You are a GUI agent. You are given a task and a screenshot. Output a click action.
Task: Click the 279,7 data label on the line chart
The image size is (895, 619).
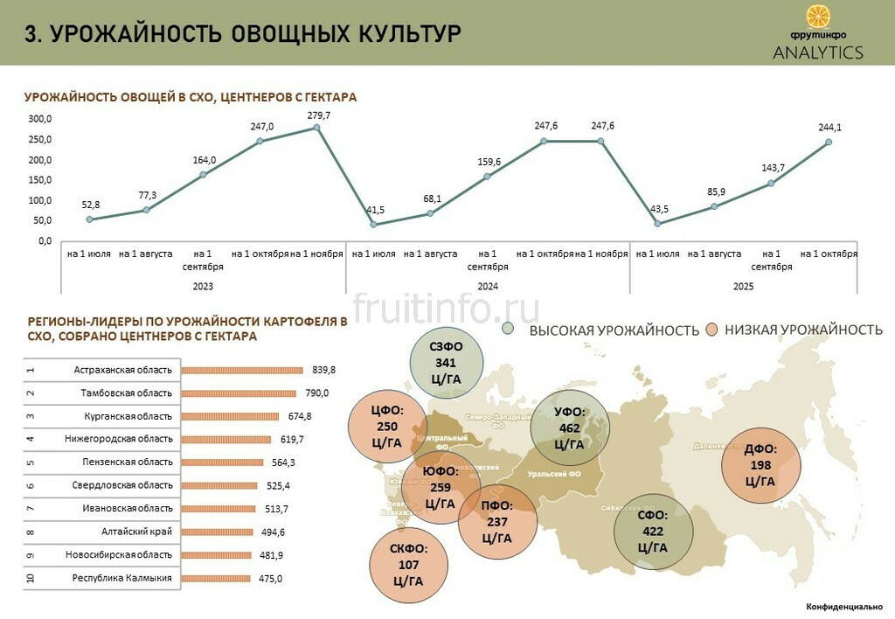click(x=319, y=115)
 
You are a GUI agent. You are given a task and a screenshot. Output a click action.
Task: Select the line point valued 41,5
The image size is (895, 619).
click(x=374, y=224)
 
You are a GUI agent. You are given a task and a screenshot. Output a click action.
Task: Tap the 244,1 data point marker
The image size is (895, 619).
click(x=828, y=142)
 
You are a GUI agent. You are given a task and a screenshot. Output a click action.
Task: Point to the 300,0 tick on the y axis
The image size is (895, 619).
click(x=40, y=119)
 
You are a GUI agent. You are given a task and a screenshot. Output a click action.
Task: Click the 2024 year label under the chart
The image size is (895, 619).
click(x=488, y=286)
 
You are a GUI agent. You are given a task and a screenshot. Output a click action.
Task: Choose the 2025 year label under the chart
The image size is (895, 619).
click(x=743, y=286)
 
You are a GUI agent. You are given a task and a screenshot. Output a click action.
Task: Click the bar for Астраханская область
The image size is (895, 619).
click(x=242, y=370)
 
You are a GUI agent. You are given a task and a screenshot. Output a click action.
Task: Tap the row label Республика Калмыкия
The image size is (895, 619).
click(x=122, y=578)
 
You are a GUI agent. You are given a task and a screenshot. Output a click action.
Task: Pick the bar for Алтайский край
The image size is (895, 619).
click(x=218, y=532)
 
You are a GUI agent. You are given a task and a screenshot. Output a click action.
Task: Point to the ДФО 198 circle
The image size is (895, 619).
click(x=760, y=465)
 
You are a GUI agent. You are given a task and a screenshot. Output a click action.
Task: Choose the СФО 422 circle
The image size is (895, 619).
click(x=652, y=532)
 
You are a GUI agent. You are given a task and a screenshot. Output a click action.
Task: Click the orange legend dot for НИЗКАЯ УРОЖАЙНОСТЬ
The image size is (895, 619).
click(x=712, y=329)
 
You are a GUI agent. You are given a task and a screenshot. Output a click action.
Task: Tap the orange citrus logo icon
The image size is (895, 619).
click(x=817, y=17)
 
